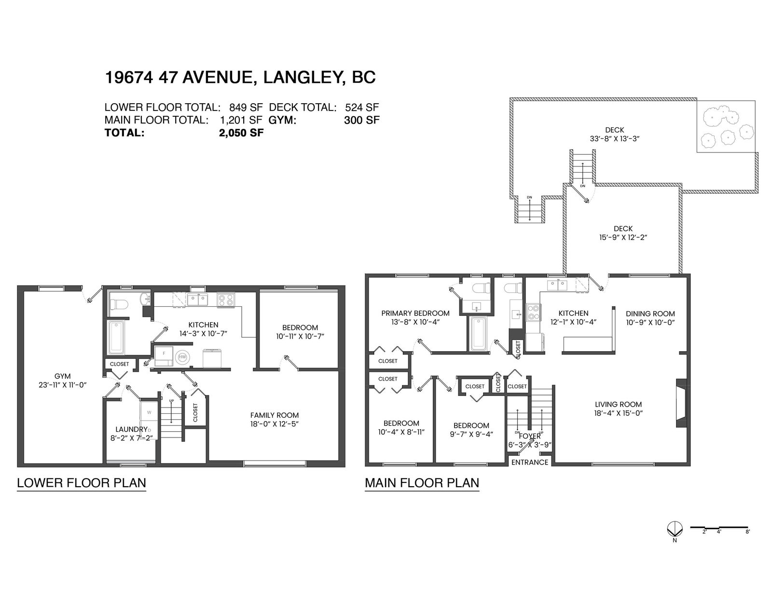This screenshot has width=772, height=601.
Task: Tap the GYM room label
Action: click(63, 376)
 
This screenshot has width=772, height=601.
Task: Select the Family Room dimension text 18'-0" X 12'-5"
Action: click(274, 424)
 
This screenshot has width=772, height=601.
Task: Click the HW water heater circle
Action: click(182, 357)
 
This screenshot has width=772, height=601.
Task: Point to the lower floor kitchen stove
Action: click(226, 300)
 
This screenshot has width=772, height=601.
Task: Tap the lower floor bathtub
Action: click(116, 338)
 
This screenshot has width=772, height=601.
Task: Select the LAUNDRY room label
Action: click(131, 430)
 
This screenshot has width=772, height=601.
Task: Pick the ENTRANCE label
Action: click(530, 462)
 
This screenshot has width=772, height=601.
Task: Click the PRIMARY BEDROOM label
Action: click(415, 313)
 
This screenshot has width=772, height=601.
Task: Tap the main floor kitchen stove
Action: click(533, 313)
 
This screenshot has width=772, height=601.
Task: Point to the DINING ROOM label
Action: click(650, 314)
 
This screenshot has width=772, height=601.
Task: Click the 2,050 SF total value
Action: click(241, 133)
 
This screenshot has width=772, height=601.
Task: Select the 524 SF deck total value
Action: click(362, 107)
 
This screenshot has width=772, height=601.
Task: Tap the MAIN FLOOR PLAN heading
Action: click(422, 483)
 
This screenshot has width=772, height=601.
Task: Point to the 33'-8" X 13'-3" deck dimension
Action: click(615, 139)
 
